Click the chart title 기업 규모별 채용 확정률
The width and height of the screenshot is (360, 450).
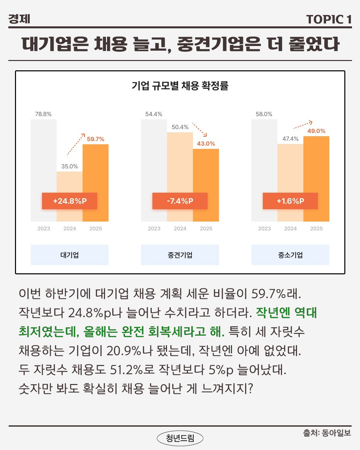(x=180, y=86)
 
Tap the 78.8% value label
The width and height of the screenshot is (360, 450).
(x=43, y=114)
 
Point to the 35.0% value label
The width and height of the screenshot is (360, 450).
(x=69, y=166)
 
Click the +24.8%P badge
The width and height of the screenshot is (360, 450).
(x=70, y=201)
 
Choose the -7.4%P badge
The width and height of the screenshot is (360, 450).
(x=180, y=201)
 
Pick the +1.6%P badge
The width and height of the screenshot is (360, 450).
(x=290, y=201)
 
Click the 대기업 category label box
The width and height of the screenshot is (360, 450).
(x=70, y=255)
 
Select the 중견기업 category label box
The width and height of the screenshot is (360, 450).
(x=180, y=255)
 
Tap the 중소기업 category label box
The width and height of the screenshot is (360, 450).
(x=290, y=255)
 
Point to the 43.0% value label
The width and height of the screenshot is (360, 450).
(x=206, y=144)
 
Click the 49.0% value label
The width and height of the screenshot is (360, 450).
(x=316, y=131)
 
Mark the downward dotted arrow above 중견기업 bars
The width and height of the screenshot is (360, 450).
(x=200, y=130)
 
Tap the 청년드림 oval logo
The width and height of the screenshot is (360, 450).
(x=180, y=438)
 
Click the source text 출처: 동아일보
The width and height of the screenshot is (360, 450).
(x=327, y=433)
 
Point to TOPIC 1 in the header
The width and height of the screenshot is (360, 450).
(x=329, y=19)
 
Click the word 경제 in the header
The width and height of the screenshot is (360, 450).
(x=19, y=19)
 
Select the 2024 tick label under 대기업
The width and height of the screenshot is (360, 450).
(x=70, y=229)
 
